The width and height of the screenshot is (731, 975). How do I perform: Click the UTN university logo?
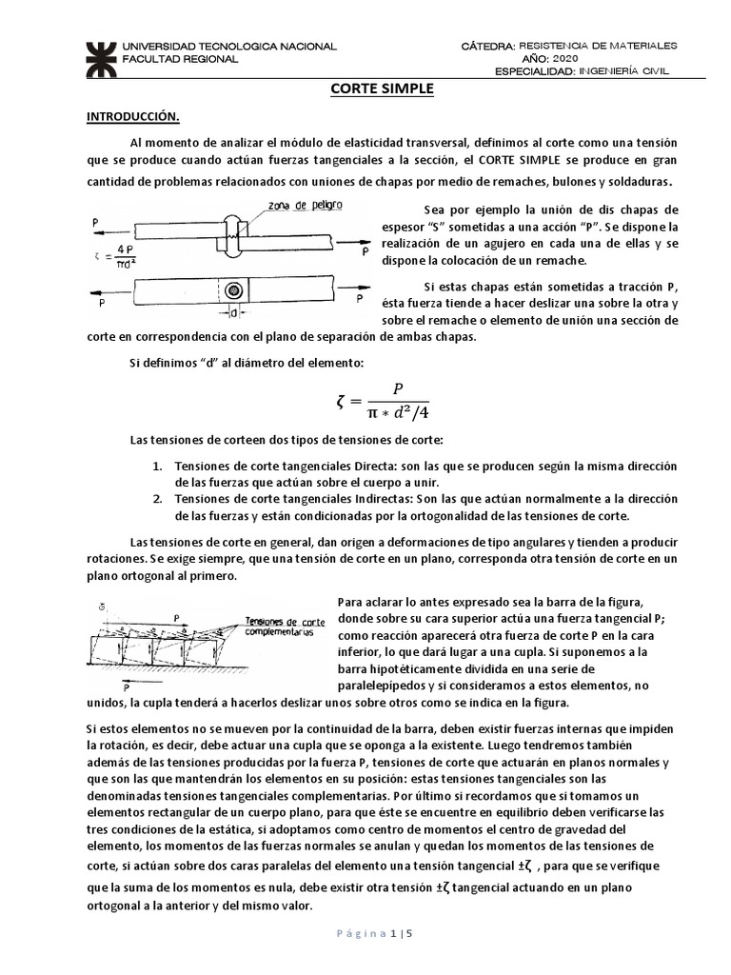[97, 57]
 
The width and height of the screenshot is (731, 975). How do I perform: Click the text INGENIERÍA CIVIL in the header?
[629, 70]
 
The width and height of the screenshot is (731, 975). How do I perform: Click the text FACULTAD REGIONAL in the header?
[183, 57]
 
